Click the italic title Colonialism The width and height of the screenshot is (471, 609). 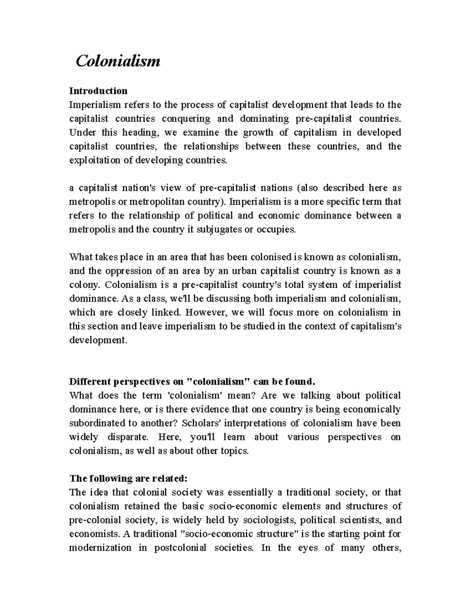click(118, 61)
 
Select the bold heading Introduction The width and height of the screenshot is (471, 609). click(98, 91)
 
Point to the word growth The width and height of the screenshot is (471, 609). click(258, 133)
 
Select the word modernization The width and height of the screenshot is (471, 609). click(100, 548)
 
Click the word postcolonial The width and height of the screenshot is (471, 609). click(180, 548)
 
